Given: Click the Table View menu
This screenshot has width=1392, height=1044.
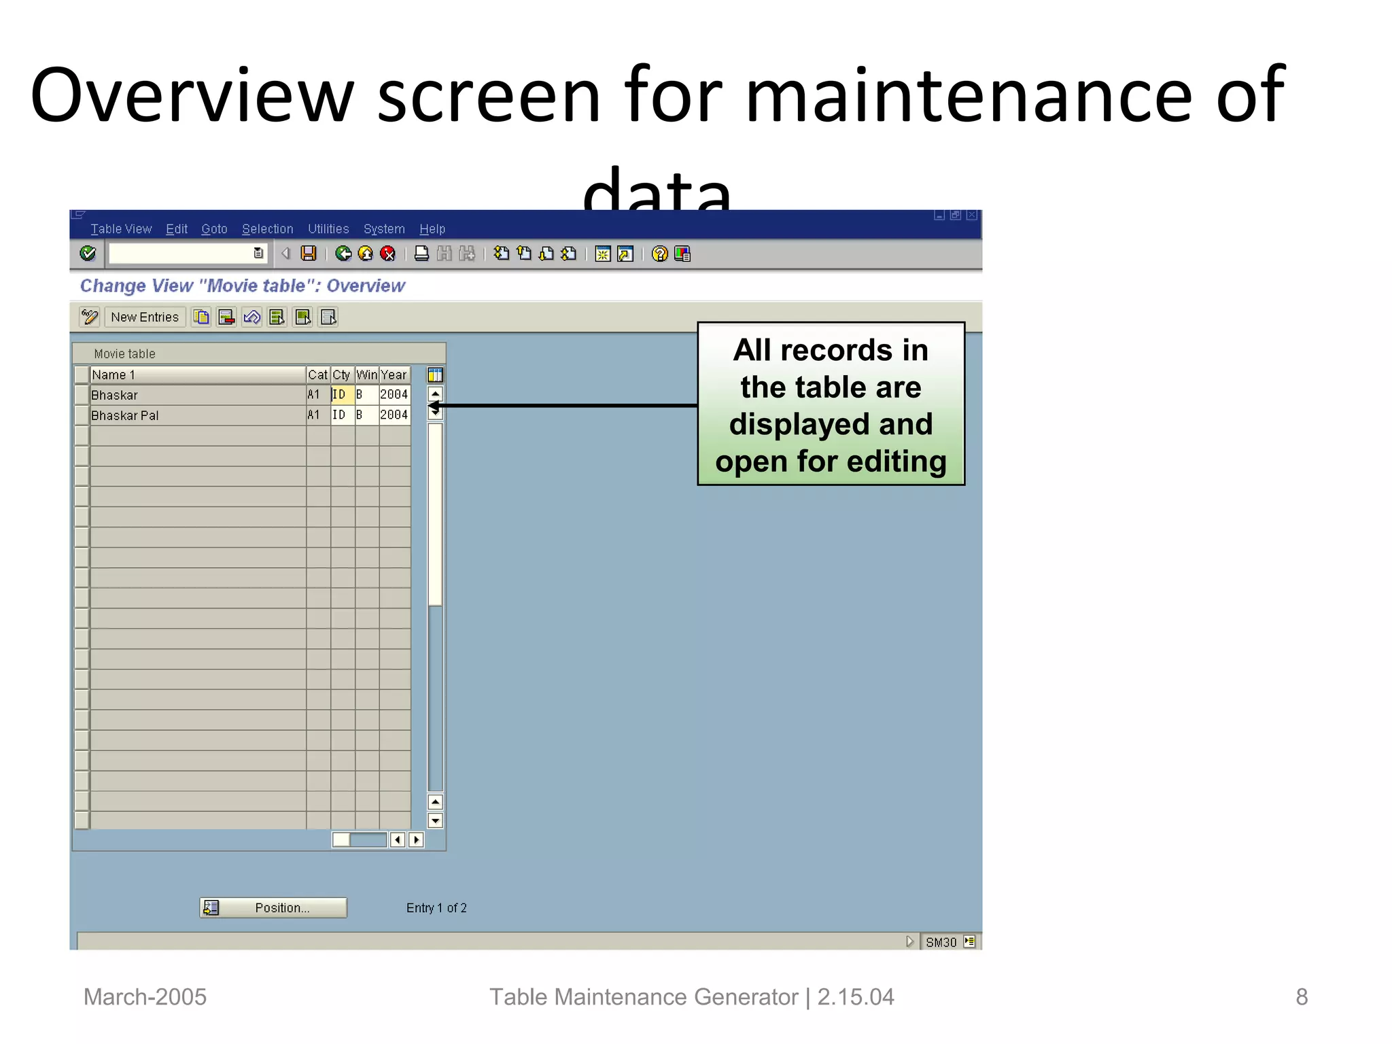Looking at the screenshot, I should pos(121,229).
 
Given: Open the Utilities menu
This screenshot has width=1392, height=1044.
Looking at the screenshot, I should pos(328,229).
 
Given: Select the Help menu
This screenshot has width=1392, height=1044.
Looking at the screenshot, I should pos(432,229).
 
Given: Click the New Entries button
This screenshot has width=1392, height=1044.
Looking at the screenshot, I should pos(145,317).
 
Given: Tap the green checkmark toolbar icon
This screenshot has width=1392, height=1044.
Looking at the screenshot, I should pos(88,254).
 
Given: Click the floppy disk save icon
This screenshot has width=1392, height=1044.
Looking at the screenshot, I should pos(309,254).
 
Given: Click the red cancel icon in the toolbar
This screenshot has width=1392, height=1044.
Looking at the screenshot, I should pos(387,254).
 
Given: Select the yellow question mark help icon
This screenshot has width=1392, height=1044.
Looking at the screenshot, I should pos(659,254).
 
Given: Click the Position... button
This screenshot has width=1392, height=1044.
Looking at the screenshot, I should pos(273,908).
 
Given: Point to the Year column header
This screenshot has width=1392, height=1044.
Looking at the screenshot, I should pos(394,375).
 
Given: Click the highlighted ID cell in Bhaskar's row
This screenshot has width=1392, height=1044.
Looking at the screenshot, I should pos(342,395).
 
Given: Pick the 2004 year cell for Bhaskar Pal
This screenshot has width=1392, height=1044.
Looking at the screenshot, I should pos(394,415).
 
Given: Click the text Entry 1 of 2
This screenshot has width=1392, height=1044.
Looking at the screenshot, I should pos(436,908).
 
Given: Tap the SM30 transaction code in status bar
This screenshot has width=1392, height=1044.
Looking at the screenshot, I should pos(941,943).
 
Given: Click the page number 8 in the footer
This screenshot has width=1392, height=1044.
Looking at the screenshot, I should pos(1301,997).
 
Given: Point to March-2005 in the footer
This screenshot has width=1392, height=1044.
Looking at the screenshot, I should pos(145,997).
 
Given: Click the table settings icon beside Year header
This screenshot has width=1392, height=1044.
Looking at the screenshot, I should pos(435,375).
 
